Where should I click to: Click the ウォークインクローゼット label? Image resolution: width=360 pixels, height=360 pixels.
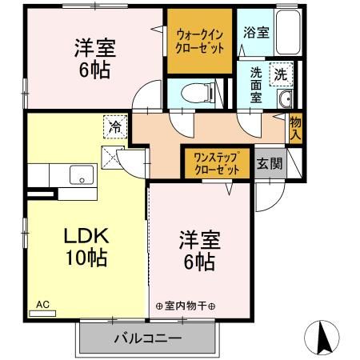[201, 41]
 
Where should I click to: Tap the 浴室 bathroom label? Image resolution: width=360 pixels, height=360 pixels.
[257, 34]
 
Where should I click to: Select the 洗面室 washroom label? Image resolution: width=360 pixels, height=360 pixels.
[255, 82]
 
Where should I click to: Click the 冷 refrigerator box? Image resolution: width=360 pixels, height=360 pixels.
[115, 126]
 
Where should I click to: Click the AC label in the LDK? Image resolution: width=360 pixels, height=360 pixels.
[42, 305]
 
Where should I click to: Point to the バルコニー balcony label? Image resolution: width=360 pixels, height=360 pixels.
[147, 338]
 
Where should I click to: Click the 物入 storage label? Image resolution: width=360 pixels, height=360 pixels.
[295, 129]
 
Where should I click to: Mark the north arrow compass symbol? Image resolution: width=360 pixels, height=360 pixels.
[324, 338]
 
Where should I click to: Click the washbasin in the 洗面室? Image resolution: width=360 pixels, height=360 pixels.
[286, 99]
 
